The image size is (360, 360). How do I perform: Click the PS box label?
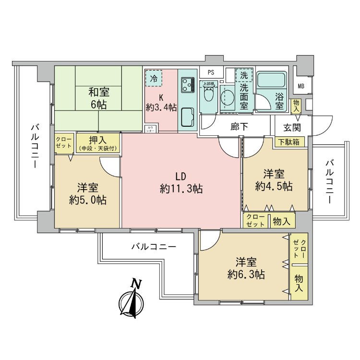click(211, 72)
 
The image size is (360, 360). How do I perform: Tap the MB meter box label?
click(301, 86)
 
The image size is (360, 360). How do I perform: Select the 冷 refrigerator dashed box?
click(154, 78)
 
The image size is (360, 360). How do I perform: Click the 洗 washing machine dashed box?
click(244, 75)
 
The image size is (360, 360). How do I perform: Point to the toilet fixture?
click(209, 94)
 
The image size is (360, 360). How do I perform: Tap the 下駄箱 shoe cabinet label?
click(289, 142)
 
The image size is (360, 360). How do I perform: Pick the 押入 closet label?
click(97, 143)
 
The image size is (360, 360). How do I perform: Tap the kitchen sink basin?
click(187, 117)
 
